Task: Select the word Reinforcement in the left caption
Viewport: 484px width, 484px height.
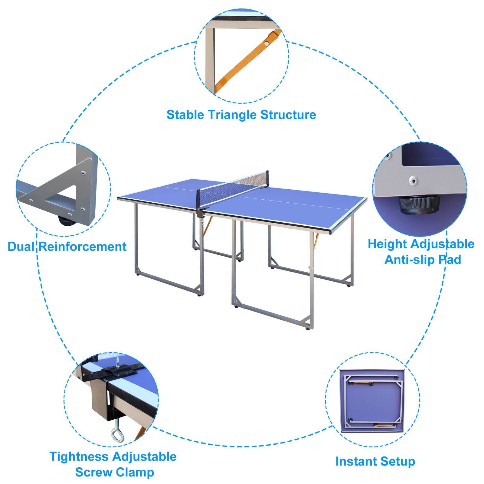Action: [83, 247]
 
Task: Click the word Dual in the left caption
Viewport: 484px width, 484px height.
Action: [21, 247]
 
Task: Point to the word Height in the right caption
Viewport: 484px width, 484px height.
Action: [388, 244]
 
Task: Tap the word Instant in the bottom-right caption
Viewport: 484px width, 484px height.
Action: [356, 462]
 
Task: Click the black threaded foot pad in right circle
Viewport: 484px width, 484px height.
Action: [419, 204]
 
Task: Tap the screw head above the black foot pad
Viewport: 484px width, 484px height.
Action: [414, 181]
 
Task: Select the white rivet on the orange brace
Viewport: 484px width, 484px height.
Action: [266, 43]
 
